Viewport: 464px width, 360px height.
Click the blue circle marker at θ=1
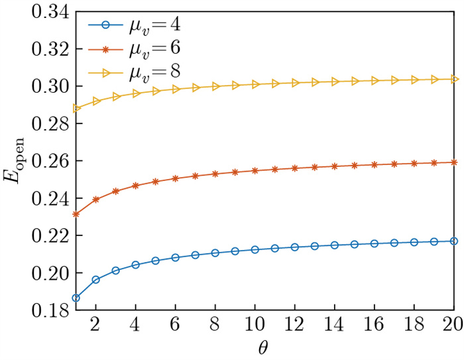point(76,298)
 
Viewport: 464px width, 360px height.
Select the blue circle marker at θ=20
point(453,241)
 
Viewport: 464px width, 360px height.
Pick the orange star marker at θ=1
point(76,213)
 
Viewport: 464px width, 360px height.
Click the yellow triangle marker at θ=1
point(76,108)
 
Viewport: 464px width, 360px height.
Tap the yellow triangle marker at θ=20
point(453,79)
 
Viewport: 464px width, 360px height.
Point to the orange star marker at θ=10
point(255,170)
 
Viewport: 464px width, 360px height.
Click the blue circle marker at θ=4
point(135,265)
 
